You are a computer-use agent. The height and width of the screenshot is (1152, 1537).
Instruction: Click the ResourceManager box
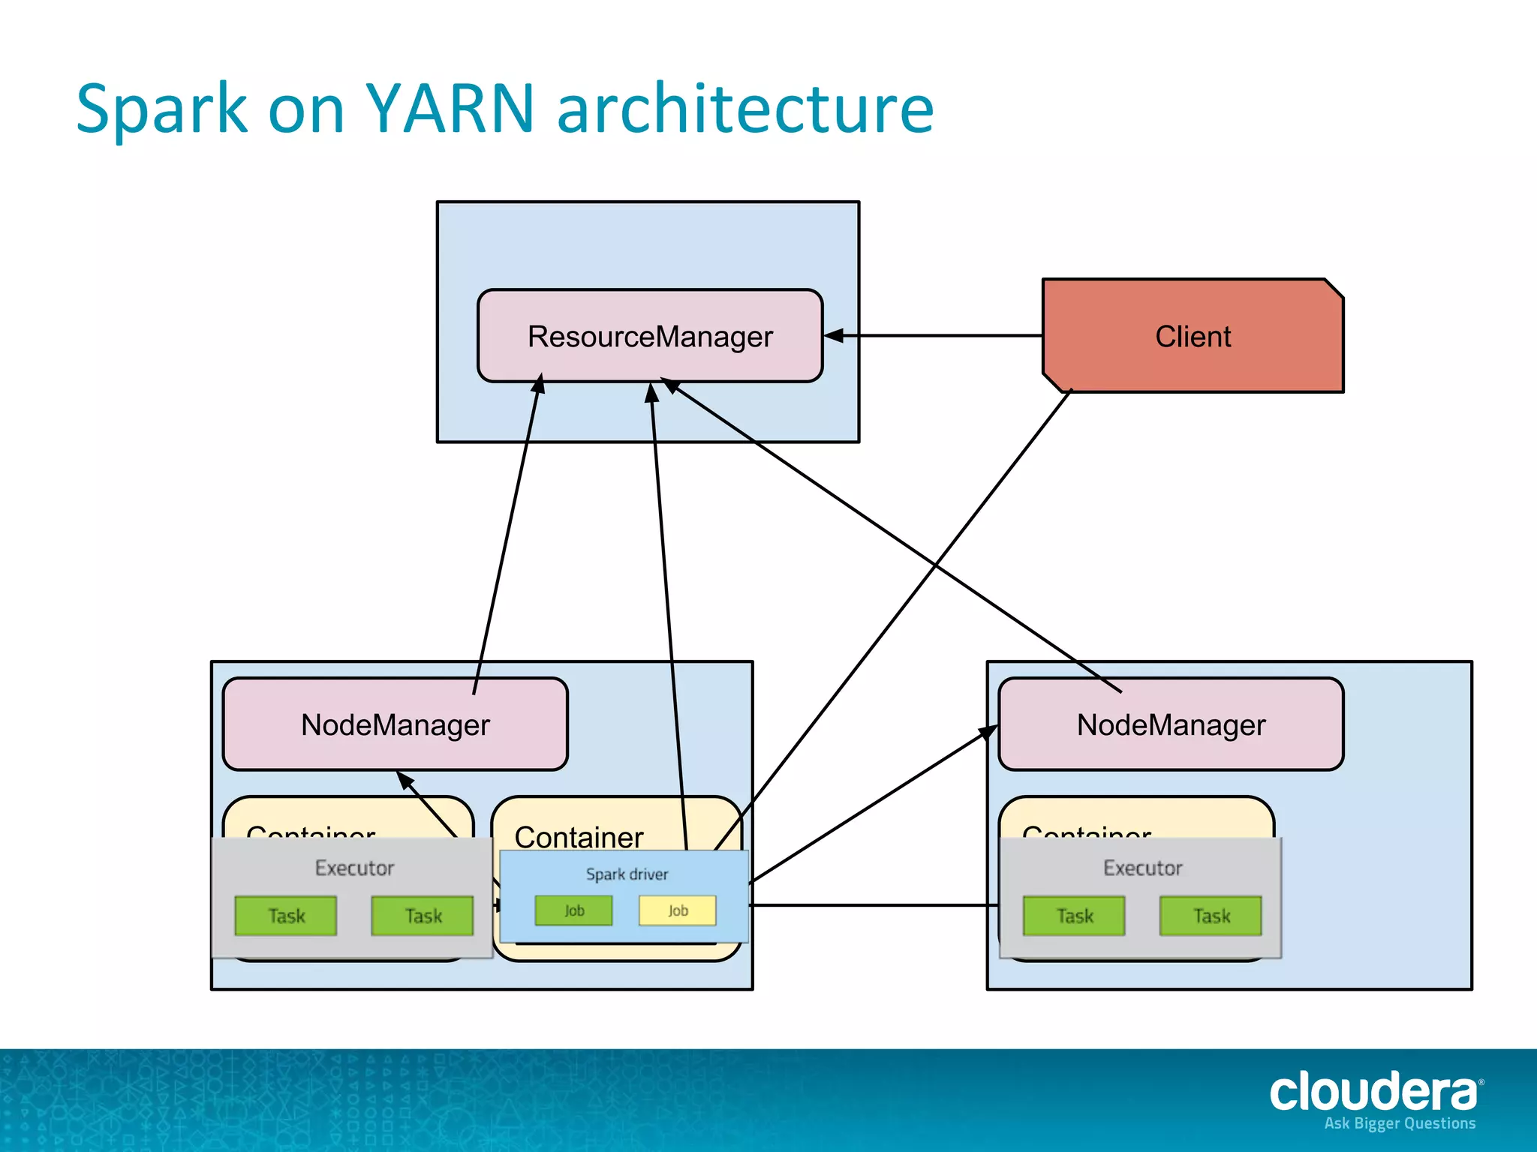(x=650, y=336)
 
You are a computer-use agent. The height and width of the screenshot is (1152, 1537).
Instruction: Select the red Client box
(x=1193, y=336)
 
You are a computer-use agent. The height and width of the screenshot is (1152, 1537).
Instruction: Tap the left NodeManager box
(x=395, y=724)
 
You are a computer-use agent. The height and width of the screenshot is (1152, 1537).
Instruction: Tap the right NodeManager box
(x=1171, y=724)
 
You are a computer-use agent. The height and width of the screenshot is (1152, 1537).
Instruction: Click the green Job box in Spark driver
(x=573, y=910)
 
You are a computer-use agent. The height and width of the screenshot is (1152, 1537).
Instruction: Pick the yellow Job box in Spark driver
(x=678, y=910)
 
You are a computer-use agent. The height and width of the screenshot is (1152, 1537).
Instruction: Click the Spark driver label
(x=627, y=874)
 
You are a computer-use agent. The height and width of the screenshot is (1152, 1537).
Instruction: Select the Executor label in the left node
(x=354, y=868)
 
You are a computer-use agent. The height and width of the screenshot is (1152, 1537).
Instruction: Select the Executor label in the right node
(x=1142, y=868)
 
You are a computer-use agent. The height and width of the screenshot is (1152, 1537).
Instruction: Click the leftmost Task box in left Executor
(x=286, y=916)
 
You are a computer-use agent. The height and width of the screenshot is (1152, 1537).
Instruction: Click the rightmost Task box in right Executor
(x=1211, y=916)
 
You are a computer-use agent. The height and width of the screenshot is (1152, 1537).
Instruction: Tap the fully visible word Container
(x=579, y=837)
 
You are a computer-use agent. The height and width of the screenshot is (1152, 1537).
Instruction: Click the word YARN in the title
(x=449, y=109)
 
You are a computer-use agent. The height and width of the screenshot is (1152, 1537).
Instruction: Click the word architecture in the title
(x=745, y=109)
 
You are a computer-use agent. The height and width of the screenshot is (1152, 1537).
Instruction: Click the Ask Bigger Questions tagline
(x=1400, y=1123)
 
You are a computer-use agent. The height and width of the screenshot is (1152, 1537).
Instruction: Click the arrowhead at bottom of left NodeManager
(x=405, y=780)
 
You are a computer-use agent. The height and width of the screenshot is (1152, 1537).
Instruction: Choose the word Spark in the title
(x=161, y=109)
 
